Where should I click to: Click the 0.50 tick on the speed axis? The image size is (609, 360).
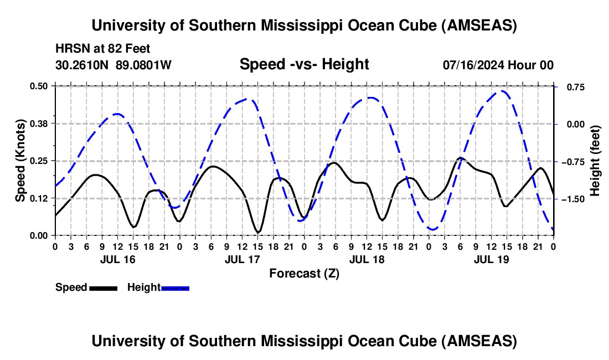point(42,86)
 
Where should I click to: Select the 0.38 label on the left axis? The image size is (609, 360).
point(42,123)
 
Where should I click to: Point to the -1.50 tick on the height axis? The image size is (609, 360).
point(570,199)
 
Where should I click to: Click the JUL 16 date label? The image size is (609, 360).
point(117,259)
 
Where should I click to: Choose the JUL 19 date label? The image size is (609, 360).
point(491,259)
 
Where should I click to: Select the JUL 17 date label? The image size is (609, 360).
point(241,259)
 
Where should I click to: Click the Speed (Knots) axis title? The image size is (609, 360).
point(20,160)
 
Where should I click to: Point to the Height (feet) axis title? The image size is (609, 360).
point(595,160)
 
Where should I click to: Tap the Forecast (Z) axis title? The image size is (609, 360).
point(304,273)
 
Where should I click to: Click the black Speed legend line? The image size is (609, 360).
point(103,288)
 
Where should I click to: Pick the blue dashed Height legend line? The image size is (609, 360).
point(175,288)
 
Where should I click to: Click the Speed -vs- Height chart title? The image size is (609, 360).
point(304,64)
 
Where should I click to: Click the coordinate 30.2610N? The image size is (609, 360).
point(82,65)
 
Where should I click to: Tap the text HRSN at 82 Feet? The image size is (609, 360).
point(103,49)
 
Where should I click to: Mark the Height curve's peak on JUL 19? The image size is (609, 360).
point(502,91)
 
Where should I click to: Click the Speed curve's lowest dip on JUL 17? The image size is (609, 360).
point(257,232)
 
